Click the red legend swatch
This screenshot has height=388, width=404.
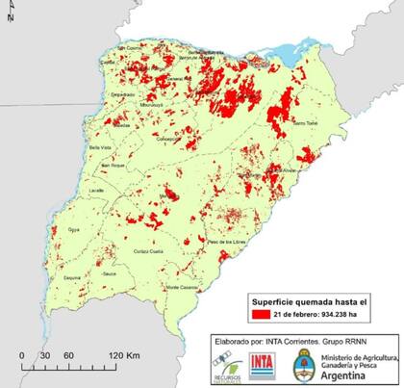(x=260, y=315)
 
